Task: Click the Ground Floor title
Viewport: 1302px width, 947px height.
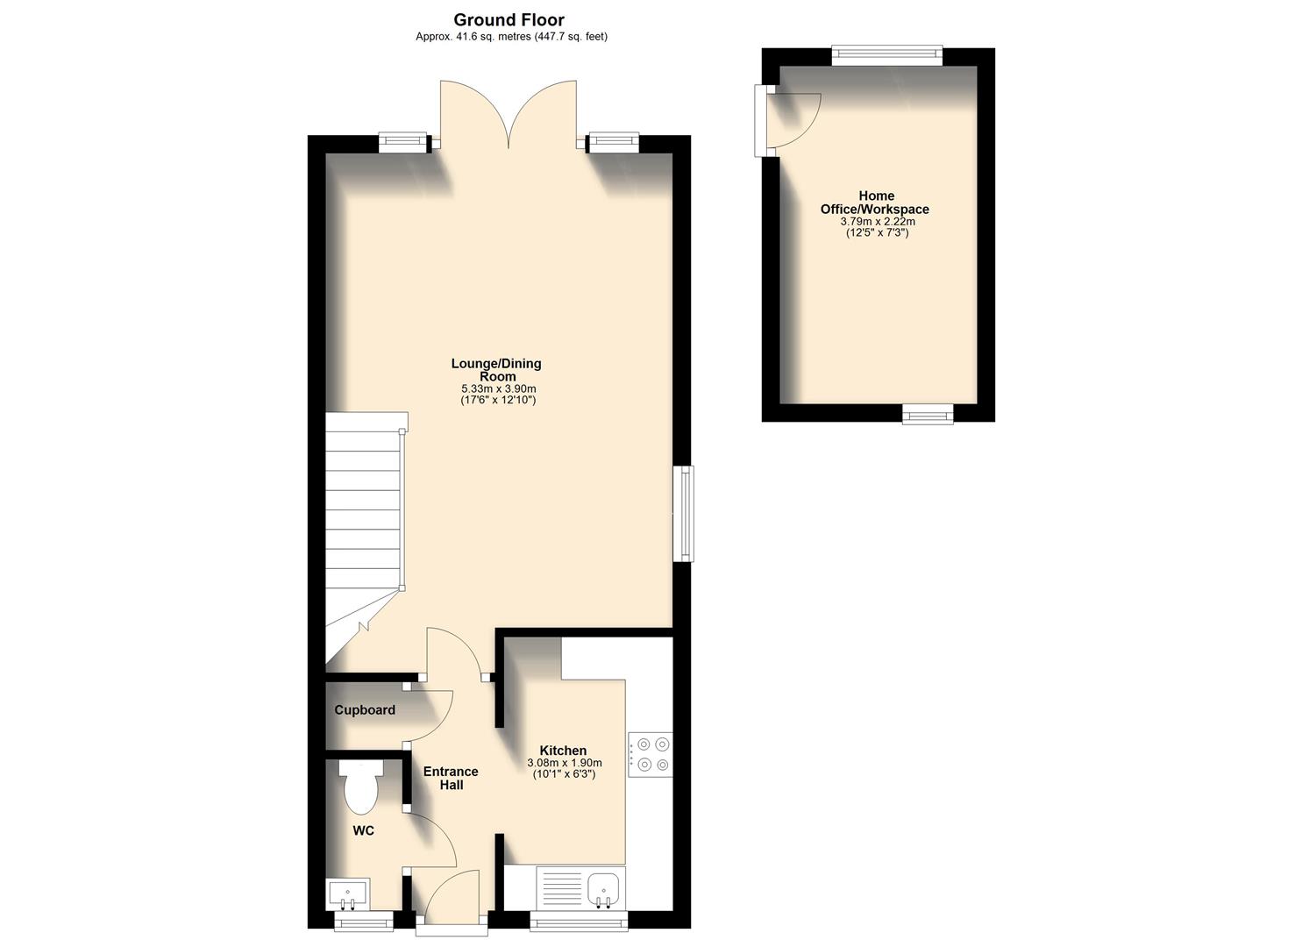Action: coord(509,19)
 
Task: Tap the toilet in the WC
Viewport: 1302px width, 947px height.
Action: coord(361,786)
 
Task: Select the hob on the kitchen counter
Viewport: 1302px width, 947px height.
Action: coord(650,753)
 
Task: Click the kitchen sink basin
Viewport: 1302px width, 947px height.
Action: coord(603,888)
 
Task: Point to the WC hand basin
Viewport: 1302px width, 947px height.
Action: coord(349,894)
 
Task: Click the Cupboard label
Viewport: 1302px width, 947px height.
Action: coord(365,710)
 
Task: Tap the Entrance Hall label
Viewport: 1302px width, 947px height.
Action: coord(451,778)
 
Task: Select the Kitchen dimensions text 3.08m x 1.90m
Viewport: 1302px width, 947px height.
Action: coord(564,763)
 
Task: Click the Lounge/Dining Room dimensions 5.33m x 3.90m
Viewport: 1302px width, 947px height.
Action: coord(498,388)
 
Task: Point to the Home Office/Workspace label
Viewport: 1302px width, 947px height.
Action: coord(874,203)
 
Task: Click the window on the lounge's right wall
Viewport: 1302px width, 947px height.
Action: coord(684,513)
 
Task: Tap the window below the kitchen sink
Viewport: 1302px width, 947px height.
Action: coord(580,921)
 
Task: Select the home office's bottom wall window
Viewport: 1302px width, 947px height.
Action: coord(928,413)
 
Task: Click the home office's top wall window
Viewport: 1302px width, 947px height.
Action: coord(887,56)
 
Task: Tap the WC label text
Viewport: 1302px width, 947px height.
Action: coord(363,830)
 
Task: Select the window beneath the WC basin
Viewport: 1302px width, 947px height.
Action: coord(364,921)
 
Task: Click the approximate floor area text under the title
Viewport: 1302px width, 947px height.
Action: coord(511,37)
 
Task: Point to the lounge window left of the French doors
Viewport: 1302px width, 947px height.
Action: coord(403,142)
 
